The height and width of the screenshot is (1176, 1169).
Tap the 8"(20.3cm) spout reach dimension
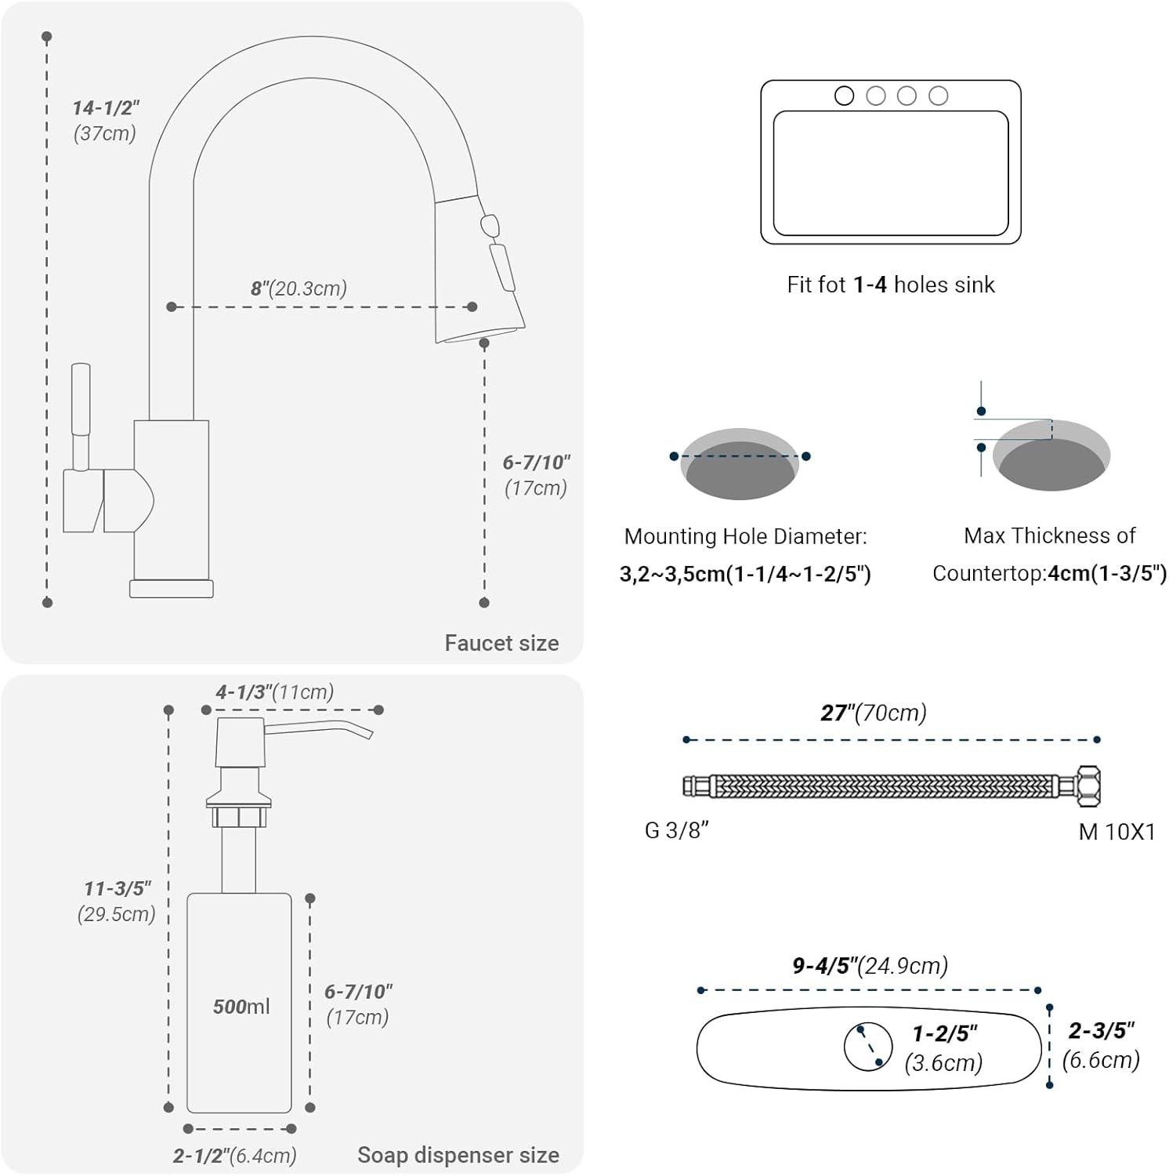[x=299, y=288]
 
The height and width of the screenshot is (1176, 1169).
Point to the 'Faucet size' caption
[x=501, y=643]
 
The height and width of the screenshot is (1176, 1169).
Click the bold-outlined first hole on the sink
[x=844, y=96]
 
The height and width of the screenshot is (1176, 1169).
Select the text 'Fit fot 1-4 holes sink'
[x=891, y=284]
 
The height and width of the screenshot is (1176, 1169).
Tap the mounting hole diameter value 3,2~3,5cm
[x=672, y=574]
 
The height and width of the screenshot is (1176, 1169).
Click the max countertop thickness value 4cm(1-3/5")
[x=1107, y=573]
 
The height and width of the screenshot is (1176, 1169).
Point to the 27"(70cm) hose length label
[x=874, y=712]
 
